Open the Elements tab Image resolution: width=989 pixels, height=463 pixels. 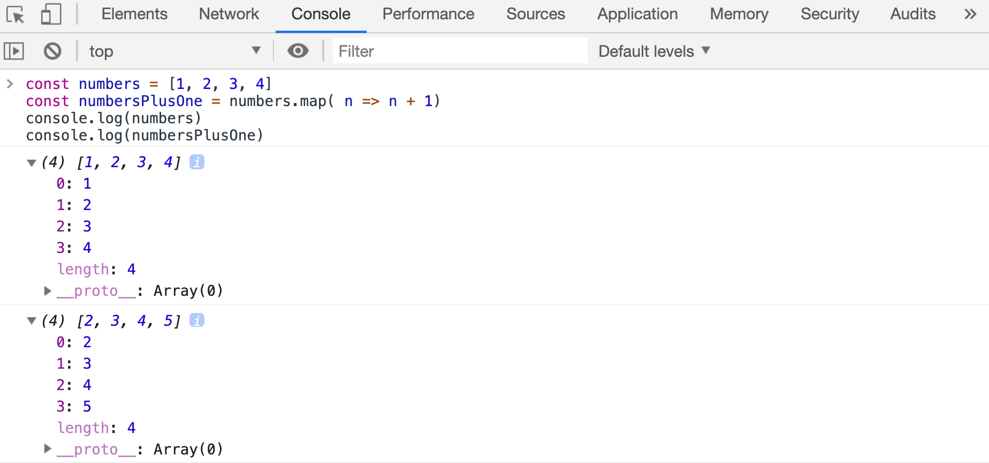134,14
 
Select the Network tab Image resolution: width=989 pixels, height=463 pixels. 229,14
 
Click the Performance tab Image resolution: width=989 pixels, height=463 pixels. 428,14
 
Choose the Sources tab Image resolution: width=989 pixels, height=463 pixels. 536,14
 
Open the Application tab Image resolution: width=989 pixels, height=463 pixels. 637,14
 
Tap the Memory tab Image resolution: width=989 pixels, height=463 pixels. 739,14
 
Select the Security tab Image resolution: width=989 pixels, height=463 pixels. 830,14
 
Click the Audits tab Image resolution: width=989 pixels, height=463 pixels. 913,14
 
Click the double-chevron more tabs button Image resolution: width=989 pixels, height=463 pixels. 970,14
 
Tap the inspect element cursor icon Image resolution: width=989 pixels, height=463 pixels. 16,14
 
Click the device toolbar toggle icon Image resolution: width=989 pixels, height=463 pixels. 51,14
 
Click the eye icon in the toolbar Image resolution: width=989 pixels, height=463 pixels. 298,51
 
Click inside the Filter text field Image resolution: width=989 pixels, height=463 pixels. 460,51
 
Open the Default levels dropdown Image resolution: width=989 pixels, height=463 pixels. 654,51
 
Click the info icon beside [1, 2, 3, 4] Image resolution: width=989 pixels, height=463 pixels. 197,162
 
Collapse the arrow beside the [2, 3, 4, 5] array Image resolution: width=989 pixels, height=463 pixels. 32,321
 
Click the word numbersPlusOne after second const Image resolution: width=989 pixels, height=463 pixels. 141,101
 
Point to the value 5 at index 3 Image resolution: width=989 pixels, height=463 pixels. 87,406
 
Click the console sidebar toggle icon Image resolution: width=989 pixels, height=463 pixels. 14,51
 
